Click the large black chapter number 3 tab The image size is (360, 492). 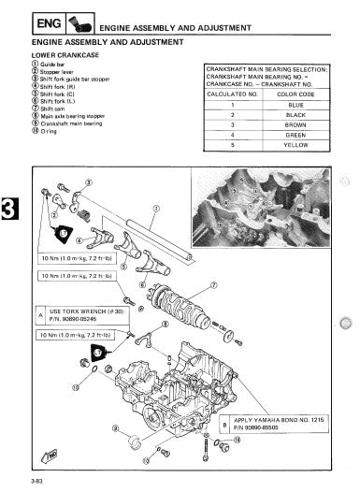(x=8, y=208)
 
